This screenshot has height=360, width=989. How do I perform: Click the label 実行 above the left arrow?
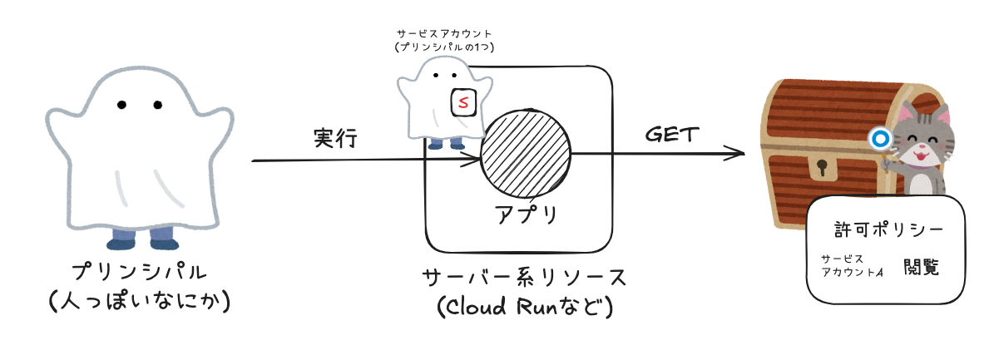point(335,138)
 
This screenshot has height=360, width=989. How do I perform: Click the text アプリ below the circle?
point(526,215)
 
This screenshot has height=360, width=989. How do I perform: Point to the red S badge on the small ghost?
point(462,102)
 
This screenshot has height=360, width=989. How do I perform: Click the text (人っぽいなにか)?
point(138,302)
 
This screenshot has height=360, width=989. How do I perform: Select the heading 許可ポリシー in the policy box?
point(888,229)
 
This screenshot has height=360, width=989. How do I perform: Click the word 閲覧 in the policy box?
point(921,267)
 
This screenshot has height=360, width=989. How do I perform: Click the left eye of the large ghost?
point(121,105)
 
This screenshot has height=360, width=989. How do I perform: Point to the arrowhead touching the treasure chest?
point(736,153)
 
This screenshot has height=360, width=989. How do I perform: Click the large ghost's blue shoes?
point(142,241)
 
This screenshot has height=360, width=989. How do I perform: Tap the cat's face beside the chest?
point(922,144)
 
